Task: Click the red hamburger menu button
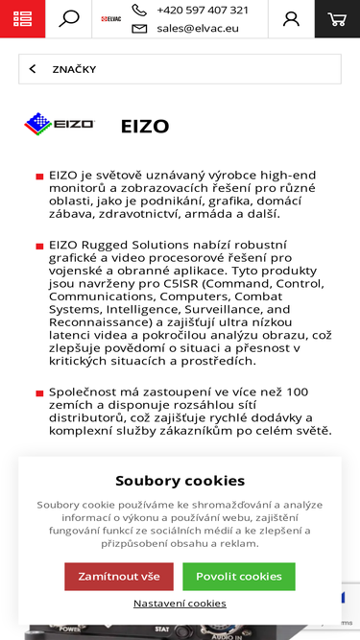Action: click(x=22, y=19)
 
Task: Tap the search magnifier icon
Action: click(x=68, y=19)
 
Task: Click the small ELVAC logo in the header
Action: click(x=110, y=18)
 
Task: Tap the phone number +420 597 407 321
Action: click(x=202, y=11)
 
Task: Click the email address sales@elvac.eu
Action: click(x=203, y=29)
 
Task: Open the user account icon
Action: click(x=291, y=19)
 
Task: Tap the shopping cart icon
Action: click(x=336, y=19)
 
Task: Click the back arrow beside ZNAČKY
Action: click(x=33, y=69)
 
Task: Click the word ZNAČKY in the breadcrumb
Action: click(x=74, y=69)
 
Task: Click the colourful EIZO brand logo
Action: click(x=60, y=125)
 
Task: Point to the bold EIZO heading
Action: click(x=145, y=126)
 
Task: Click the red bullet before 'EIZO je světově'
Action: click(x=39, y=177)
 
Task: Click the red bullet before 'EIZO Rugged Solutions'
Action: click(x=39, y=247)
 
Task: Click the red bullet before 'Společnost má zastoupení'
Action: click(x=39, y=393)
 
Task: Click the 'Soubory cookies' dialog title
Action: click(x=180, y=481)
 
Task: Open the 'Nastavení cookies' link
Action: click(x=180, y=603)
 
